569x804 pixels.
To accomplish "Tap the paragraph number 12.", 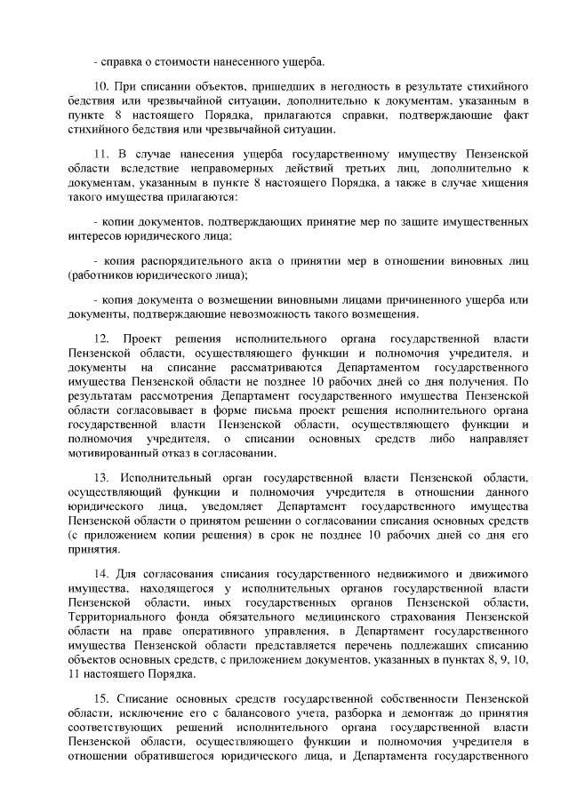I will [x=100, y=340].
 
